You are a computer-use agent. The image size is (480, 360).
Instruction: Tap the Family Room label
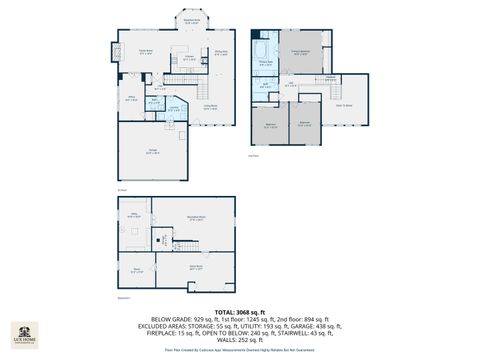pyautogui.click(x=146, y=52)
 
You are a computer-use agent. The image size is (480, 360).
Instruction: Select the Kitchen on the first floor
pyautogui.click(x=189, y=59)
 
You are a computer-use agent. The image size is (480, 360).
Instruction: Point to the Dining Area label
pyautogui.click(x=221, y=52)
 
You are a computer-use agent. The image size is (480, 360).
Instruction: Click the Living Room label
pyautogui.click(x=211, y=105)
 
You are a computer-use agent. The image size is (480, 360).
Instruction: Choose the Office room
pyautogui.click(x=130, y=97)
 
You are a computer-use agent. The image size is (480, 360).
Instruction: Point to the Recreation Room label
pyautogui.click(x=196, y=216)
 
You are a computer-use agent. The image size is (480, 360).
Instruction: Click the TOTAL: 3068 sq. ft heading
pyautogui.click(x=240, y=313)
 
